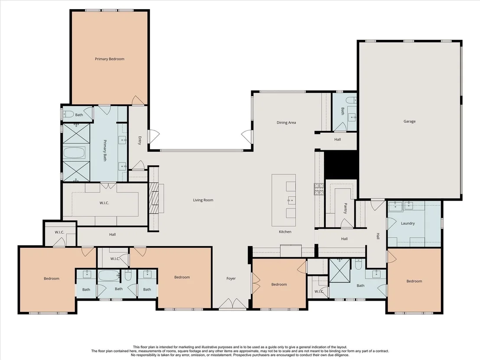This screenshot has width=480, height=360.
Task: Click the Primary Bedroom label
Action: click(110, 59)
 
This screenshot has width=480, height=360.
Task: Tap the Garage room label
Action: click(409, 122)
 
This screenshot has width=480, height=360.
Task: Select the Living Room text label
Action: click(203, 200)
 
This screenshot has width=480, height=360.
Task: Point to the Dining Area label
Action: click(286, 123)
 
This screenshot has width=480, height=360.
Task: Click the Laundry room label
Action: click(408, 224)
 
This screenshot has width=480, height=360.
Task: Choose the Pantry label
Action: click(345, 208)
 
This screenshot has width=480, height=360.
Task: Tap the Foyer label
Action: click(231, 279)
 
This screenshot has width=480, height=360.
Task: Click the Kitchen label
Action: click(285, 232)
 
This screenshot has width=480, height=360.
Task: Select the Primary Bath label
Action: click(105, 150)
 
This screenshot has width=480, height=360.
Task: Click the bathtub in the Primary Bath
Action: click(74, 152)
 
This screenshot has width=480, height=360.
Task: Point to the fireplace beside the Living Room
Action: click(154, 198)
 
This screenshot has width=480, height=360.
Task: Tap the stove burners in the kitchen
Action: click(319, 189)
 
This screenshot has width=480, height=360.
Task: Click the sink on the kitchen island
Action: click(291, 200)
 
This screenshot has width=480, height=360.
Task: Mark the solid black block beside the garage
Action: click(341, 165)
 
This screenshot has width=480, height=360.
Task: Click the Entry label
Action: click(139, 140)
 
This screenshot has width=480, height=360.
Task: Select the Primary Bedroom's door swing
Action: click(138, 100)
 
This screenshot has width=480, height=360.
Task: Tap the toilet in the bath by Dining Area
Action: click(351, 100)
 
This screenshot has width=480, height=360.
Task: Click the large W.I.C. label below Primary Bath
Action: click(104, 203)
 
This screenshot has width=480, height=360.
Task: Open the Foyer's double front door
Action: click(233, 304)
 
